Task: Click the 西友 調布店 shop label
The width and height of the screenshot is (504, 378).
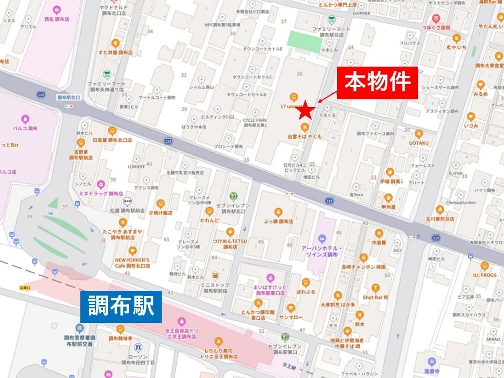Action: pos(56,19)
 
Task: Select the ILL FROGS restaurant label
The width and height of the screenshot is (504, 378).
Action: pos(484,275)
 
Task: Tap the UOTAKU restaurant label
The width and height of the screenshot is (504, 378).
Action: pos(419,143)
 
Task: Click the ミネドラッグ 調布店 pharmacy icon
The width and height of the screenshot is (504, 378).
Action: pos(101,184)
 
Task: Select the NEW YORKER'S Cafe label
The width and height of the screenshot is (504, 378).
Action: pos(132,263)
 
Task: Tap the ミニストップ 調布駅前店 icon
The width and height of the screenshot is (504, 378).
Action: pos(215,276)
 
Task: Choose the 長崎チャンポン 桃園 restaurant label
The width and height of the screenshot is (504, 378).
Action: pos(363,267)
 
